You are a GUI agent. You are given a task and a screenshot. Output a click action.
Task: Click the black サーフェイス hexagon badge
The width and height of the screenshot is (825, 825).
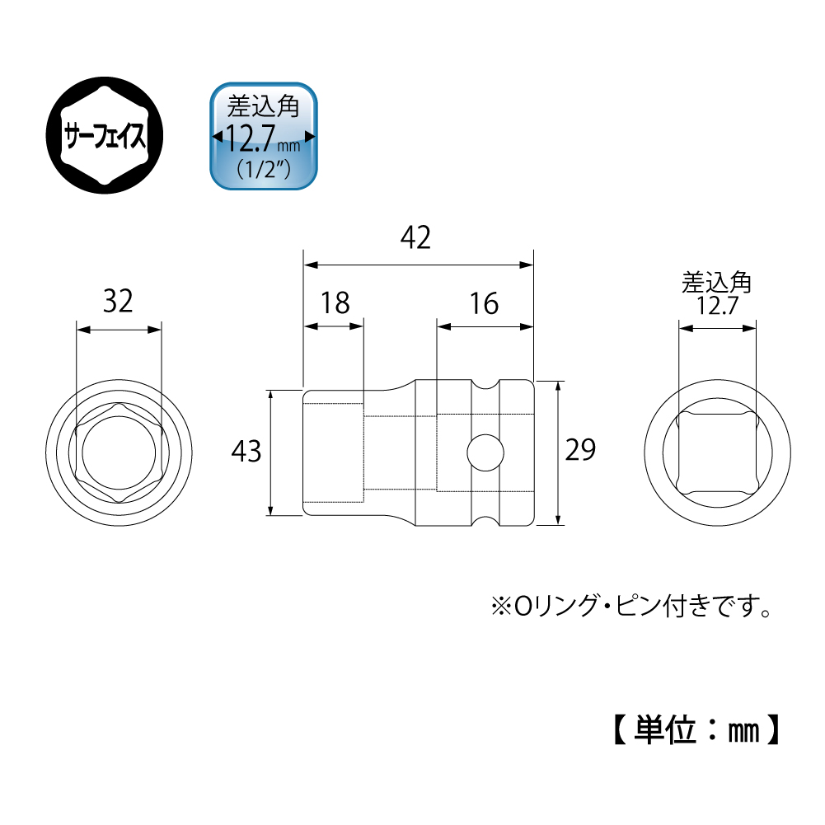(x=105, y=135)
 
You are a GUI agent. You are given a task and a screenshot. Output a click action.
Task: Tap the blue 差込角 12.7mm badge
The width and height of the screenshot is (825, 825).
(x=264, y=136)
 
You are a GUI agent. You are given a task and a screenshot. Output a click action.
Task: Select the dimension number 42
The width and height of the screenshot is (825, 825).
(x=415, y=238)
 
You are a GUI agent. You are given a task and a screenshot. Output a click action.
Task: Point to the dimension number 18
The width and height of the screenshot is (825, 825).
(x=335, y=303)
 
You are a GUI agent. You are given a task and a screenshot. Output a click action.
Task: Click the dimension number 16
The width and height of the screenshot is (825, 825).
(x=484, y=303)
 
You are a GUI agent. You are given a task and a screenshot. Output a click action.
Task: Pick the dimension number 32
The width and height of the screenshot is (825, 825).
(x=118, y=302)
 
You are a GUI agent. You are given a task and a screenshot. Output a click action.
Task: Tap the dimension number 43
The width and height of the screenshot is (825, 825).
(x=246, y=452)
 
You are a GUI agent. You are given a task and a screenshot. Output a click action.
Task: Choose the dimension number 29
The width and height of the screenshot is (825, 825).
(x=580, y=450)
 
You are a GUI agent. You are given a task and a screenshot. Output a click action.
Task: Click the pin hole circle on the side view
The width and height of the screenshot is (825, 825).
(x=485, y=452)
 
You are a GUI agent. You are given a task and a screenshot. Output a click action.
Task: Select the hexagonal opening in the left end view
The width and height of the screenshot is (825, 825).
(x=119, y=453)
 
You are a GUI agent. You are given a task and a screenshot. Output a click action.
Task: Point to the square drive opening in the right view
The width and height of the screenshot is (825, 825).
(x=718, y=453)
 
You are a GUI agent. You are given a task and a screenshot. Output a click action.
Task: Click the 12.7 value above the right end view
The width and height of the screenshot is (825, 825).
(x=718, y=306)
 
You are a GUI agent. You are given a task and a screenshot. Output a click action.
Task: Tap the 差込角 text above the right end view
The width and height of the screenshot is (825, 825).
(x=716, y=283)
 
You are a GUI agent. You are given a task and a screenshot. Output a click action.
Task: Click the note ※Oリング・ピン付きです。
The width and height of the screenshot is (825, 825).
(x=631, y=606)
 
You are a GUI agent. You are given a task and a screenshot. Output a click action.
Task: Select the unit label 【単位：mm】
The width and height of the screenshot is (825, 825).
(x=697, y=729)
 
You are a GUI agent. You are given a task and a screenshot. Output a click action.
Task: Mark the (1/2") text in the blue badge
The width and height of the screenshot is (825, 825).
(x=264, y=170)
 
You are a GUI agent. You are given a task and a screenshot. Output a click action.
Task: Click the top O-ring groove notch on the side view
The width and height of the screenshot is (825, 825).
(x=485, y=385)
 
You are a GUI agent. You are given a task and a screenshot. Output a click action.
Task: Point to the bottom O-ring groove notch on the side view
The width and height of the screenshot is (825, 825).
(x=485, y=520)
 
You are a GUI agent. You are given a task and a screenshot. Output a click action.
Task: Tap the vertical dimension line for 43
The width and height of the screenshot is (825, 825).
(x=270, y=453)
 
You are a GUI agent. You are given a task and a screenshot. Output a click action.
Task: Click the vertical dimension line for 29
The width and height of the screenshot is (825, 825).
(x=558, y=453)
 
